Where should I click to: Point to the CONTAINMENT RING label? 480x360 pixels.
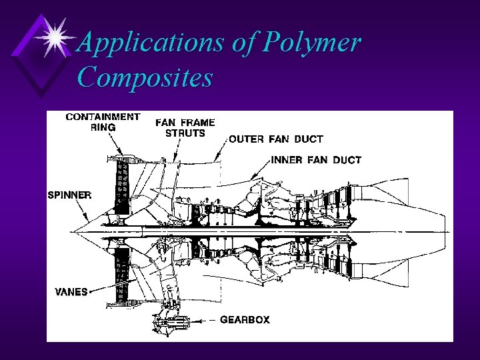coord(103,121)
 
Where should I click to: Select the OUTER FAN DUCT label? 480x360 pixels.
coord(276,139)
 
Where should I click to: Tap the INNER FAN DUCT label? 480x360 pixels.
coord(317,160)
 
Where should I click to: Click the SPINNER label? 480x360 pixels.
coord(69,195)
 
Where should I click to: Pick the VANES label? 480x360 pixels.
coord(71,292)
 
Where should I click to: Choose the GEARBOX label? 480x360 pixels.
coord(245,320)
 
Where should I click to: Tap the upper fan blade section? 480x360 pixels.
coord(122,183)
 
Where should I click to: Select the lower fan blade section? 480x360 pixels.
coord(122,273)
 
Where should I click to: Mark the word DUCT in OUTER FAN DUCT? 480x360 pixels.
coord(307,139)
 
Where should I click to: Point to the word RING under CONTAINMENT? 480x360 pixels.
coord(103,127)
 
